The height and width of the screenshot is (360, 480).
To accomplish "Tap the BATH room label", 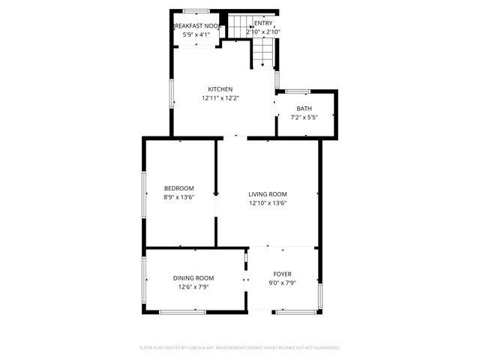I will click(304, 109).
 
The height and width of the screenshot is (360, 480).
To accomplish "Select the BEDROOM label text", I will click(179, 188).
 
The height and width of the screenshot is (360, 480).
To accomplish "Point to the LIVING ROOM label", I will click(268, 194).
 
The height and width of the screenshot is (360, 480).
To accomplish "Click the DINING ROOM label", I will click(193, 278).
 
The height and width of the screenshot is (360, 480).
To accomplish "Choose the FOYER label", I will click(282, 274).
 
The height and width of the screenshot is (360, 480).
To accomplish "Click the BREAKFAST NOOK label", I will click(196, 25).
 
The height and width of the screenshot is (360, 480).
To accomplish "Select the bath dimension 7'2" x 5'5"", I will click(304, 117).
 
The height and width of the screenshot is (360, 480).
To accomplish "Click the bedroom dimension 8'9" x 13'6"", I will click(179, 197).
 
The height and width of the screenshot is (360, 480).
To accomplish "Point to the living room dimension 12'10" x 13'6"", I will click(268, 203).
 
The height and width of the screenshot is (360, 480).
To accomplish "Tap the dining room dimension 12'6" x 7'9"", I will click(193, 286).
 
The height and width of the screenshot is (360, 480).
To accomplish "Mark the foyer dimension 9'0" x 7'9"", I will click(282, 283).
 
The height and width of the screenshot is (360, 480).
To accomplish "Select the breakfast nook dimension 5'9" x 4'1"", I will click(196, 34).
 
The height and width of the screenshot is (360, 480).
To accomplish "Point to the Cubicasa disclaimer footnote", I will click(240, 348).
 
